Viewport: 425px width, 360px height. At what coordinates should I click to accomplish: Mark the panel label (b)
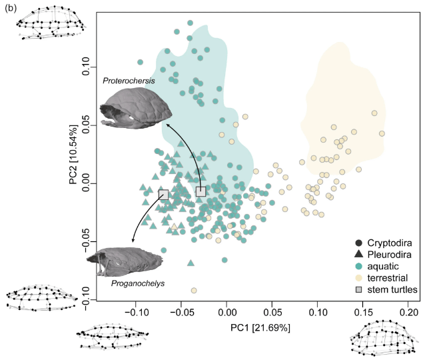[11, 7]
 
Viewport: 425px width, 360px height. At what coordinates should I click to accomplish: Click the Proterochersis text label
[129, 81]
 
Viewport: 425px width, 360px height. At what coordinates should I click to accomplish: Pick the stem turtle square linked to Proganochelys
[163, 195]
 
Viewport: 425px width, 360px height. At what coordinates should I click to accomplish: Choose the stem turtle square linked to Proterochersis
[201, 191]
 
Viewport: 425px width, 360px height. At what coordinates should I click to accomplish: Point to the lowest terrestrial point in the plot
[194, 290]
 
